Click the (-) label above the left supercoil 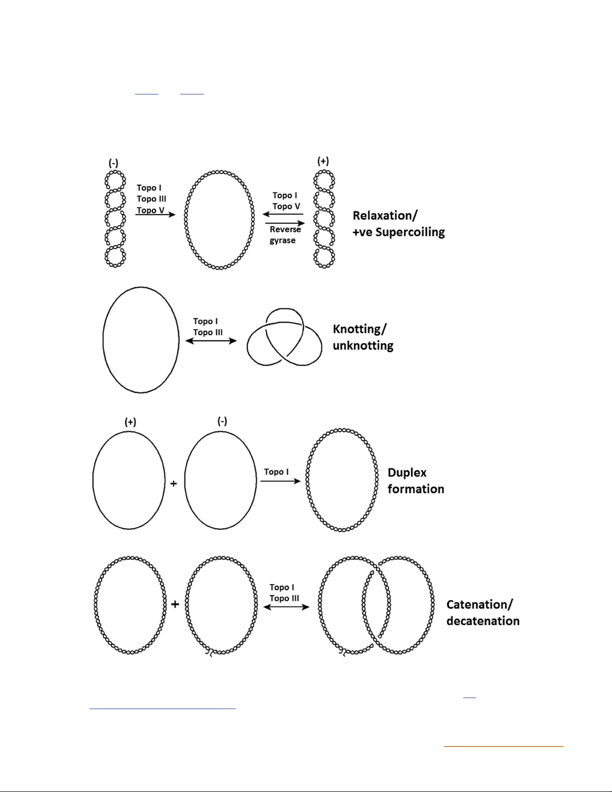(x=113, y=163)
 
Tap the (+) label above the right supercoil (x=323, y=161)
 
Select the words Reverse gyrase (x=285, y=235)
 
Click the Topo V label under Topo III (x=150, y=210)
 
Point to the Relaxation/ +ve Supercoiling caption (x=398, y=223)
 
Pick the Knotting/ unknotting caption (x=363, y=337)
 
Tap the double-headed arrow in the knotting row (x=211, y=341)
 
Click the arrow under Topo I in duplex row (x=280, y=481)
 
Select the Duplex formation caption (x=415, y=480)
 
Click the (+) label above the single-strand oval (x=130, y=422)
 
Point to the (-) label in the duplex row (x=222, y=421)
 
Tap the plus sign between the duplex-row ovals (x=174, y=483)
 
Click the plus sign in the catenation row (x=175, y=604)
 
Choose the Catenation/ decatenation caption (x=483, y=612)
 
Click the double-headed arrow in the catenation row (x=286, y=607)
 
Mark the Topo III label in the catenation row (x=284, y=598)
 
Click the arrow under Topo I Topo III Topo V (x=155, y=215)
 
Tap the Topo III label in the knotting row (x=208, y=332)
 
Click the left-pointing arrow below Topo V (x=283, y=214)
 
